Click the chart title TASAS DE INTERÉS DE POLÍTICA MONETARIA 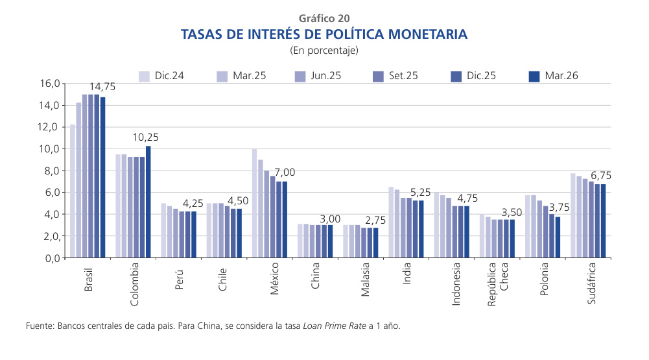click(x=324, y=34)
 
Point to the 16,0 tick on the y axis click(x=49, y=84)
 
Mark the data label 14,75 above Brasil click(x=102, y=86)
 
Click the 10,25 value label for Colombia click(x=145, y=138)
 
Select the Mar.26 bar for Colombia click(x=148, y=202)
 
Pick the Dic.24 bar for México click(x=255, y=203)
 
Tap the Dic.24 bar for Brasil click(x=73, y=191)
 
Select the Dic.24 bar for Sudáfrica click(x=573, y=215)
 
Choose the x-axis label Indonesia click(x=456, y=284)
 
